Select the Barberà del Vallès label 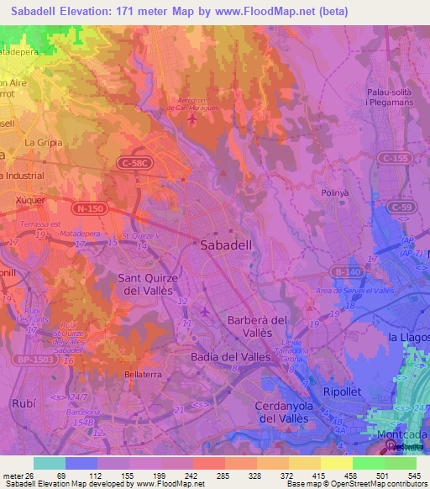tap(257, 327)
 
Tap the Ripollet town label tap(343, 392)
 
